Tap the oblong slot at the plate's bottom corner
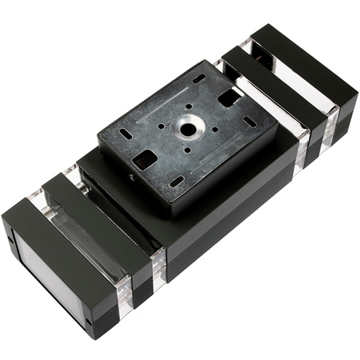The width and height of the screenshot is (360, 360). [x=177, y=182]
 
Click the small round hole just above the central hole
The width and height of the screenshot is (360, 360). [x=193, y=106]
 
